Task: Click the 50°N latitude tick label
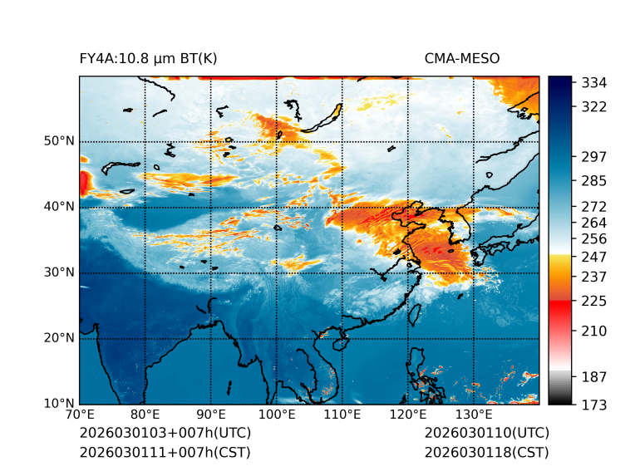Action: click(x=59, y=141)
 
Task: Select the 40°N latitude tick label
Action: click(x=59, y=207)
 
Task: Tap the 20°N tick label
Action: click(x=59, y=338)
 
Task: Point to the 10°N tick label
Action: click(x=59, y=404)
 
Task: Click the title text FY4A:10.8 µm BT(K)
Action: click(x=148, y=58)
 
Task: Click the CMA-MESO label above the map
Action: click(x=462, y=58)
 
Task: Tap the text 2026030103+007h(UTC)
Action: click(x=165, y=434)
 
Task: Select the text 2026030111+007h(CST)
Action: click(x=165, y=453)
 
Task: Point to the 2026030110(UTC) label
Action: click(x=486, y=434)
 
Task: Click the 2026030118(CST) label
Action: click(x=486, y=453)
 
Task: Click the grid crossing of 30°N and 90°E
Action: click(x=211, y=272)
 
